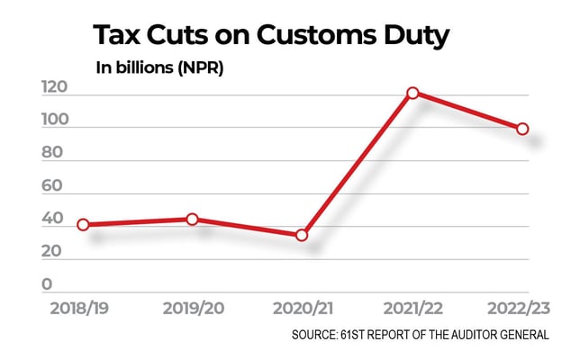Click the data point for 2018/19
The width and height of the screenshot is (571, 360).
click(83, 224)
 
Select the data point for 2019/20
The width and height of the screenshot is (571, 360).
click(192, 219)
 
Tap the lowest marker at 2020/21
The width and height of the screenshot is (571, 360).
click(302, 235)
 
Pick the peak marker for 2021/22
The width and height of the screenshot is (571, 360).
click(412, 93)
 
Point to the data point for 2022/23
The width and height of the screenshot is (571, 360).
click(522, 129)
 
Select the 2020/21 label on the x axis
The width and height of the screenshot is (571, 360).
click(302, 309)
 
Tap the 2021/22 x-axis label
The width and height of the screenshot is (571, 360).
click(412, 309)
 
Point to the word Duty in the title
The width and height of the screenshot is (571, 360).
click(415, 36)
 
